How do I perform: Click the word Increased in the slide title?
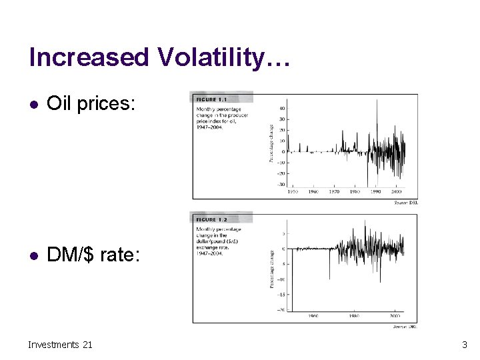pos(90,58)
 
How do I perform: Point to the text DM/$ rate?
pos(93,255)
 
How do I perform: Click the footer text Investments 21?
pos(61,344)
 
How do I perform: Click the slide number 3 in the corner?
pos(464,345)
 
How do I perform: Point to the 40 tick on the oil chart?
pos(281,108)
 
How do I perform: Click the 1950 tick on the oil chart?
pos(293,191)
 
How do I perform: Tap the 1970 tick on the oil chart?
pos(334,191)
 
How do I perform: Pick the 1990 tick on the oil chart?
pos(375,191)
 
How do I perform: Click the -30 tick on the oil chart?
pos(281,184)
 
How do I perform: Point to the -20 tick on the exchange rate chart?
pos(281,309)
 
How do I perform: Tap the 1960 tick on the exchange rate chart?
pos(314,317)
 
